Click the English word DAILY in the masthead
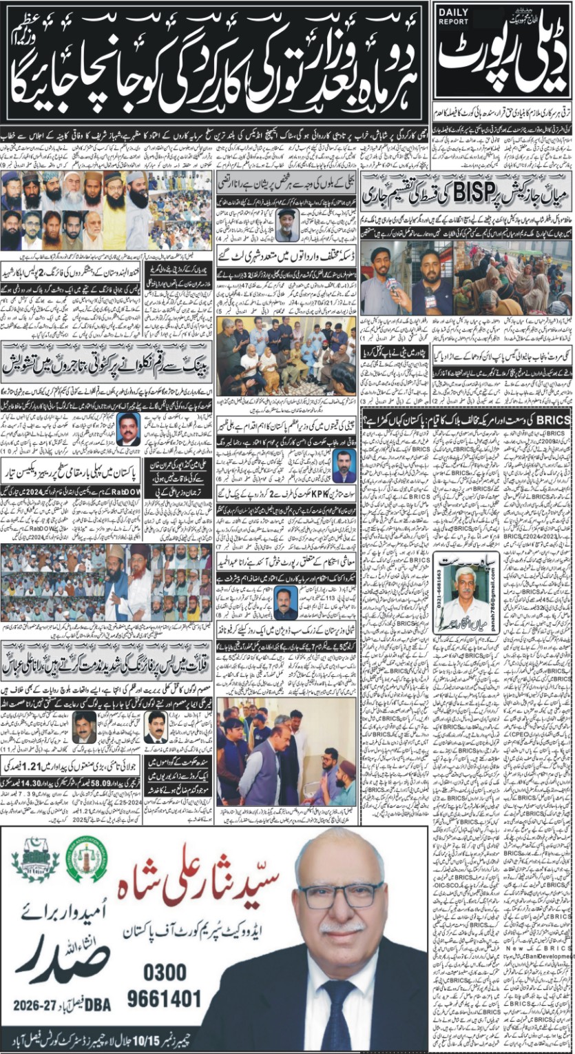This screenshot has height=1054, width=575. [453, 12]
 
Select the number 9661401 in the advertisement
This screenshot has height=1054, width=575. [165, 1000]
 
